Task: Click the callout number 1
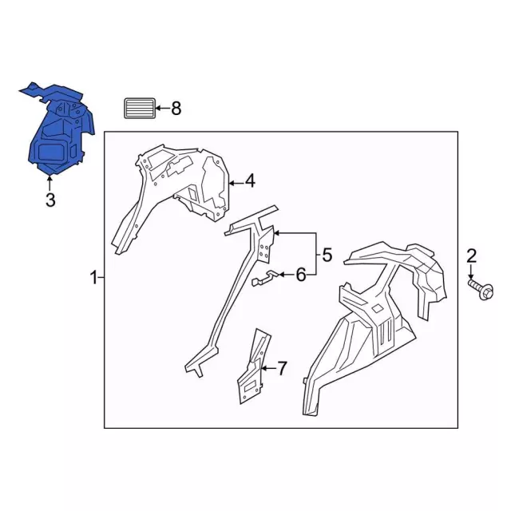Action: coord(93,278)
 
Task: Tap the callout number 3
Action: coord(50,200)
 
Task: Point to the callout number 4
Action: coord(250,181)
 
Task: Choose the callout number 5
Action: coord(327,255)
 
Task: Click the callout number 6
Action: coord(301,275)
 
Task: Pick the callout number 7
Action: coord(282,368)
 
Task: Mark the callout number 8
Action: coord(176,109)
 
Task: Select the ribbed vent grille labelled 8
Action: coord(140,109)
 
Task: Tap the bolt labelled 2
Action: coord(481,287)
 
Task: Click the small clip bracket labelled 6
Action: coord(264,279)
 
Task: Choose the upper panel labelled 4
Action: coord(183,183)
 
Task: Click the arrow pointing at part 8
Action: coord(163,109)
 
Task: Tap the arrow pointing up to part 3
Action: coord(50,183)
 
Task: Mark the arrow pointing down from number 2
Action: coord(471,271)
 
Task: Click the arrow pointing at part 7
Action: coord(269,368)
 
